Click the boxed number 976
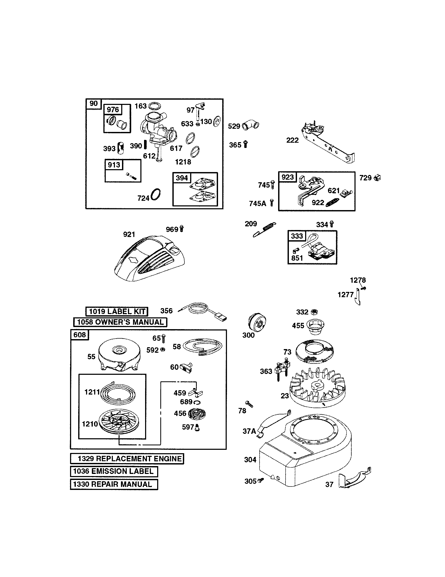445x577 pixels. (113, 110)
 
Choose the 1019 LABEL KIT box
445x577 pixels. (117, 311)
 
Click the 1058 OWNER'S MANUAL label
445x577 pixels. (120, 322)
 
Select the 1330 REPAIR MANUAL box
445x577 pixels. (114, 484)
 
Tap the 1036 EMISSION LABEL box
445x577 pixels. (114, 471)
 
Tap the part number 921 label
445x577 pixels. (129, 234)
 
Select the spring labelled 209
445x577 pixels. (265, 229)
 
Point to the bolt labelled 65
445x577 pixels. (163, 338)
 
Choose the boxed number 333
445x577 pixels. (297, 236)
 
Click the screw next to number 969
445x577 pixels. (182, 228)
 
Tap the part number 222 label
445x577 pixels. (293, 140)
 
